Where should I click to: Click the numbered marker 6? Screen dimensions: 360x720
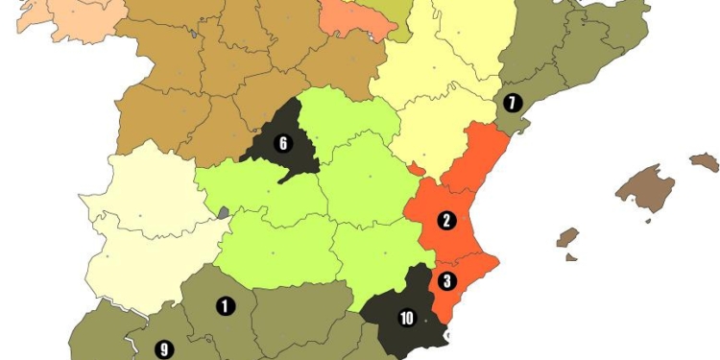coord(282,144)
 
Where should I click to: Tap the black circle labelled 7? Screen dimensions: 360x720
coord(513,103)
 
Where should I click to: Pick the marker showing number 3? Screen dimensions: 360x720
coord(446,282)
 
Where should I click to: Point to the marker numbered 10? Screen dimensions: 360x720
coord(406,318)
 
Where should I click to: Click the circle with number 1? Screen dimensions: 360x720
coord(225,306)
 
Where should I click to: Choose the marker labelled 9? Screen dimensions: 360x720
coord(163,349)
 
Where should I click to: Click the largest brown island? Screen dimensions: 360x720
coord(643,188)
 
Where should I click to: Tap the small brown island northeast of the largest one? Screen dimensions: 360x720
coord(705,161)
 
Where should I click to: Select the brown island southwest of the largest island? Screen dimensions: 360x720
coord(568,237)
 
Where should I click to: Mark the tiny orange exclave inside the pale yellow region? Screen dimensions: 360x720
coord(415,169)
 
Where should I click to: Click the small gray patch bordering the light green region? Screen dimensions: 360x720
coord(224,213)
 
